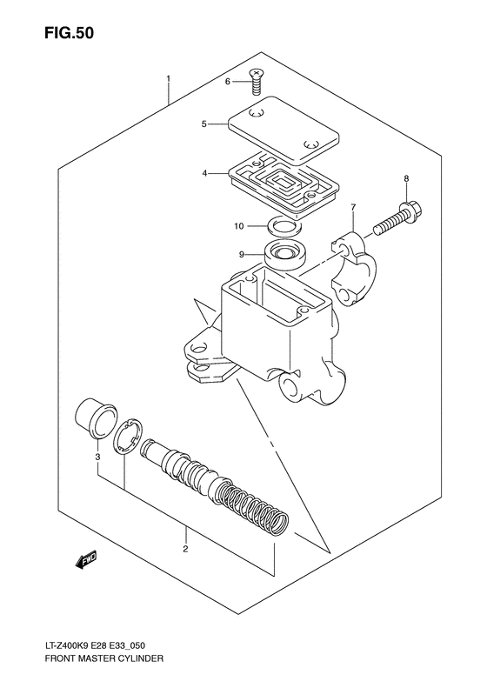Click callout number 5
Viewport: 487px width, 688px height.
[203, 124]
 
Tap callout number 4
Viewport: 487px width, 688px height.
[204, 173]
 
